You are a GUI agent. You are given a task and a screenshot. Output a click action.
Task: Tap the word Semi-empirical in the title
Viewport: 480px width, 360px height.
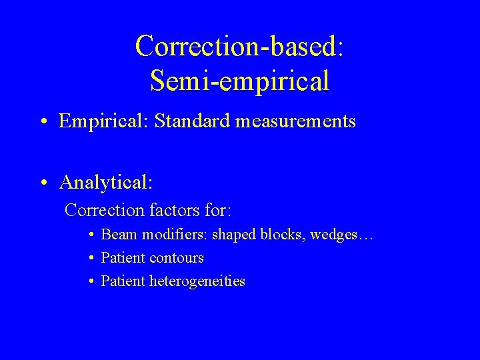tap(239, 81)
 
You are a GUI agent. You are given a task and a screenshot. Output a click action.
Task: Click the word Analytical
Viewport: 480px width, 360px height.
tap(105, 182)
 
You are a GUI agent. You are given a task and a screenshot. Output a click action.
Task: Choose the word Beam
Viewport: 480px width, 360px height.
tap(116, 235)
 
